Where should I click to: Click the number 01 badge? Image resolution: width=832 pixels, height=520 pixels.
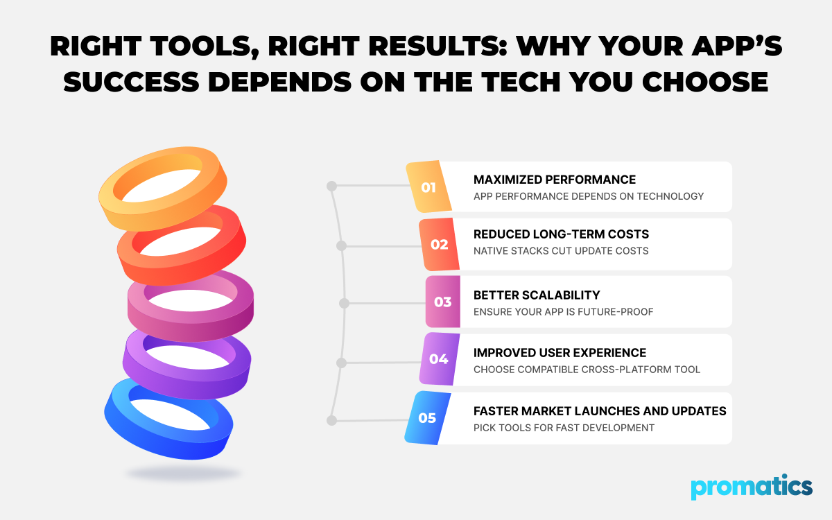428,187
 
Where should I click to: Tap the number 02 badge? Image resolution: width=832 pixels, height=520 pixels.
440,244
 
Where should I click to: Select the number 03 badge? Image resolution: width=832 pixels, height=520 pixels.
443,302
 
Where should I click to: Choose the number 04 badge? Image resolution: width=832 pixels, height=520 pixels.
439,359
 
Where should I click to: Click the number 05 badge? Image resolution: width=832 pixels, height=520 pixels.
428,418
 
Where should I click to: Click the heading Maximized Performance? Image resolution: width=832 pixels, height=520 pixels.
555,180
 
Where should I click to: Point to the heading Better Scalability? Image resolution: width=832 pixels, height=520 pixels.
537,295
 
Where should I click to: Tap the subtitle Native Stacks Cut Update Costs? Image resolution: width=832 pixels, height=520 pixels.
561,251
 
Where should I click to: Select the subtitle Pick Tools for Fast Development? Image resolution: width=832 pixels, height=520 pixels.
564,428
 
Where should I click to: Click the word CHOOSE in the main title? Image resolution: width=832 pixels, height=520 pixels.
705,82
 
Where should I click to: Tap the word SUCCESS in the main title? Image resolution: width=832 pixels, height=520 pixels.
132,82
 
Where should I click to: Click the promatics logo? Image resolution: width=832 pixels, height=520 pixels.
752,487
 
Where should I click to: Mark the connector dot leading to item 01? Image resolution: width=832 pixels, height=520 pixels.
331,186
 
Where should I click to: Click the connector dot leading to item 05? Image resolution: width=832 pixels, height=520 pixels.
331,420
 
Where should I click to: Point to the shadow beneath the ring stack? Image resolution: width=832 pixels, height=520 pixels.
184,474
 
